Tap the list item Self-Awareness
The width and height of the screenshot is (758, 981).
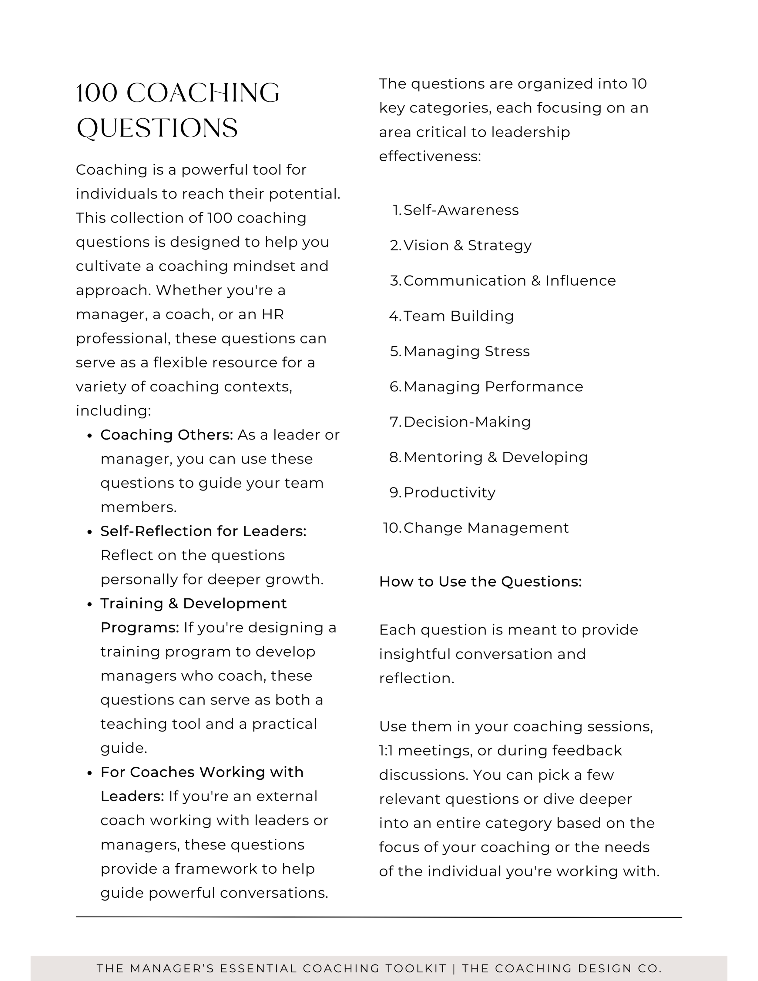461,210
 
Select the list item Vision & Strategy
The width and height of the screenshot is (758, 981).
467,245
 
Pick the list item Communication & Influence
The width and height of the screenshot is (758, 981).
509,280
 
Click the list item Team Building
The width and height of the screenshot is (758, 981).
458,316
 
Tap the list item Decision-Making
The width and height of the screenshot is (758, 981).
467,422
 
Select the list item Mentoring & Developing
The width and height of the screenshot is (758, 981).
496,457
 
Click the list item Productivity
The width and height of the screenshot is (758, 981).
449,492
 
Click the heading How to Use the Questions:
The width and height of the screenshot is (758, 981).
480,582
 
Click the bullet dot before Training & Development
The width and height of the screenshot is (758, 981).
90,604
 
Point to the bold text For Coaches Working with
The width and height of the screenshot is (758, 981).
202,772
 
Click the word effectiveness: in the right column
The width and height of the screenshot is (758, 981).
430,156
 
